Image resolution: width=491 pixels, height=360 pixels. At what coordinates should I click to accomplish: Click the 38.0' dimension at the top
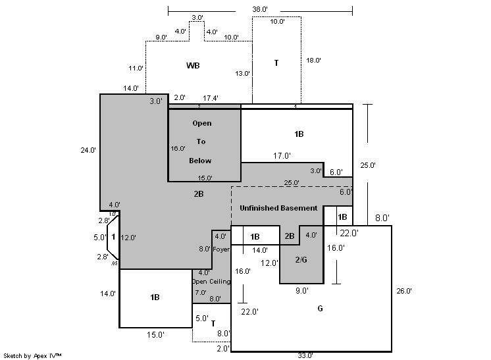(x=260, y=10)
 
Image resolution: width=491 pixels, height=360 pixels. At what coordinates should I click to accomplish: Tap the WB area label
(x=193, y=65)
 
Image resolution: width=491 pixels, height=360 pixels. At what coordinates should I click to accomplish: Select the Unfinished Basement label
(x=278, y=208)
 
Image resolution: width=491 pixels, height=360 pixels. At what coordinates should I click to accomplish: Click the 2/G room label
(x=301, y=259)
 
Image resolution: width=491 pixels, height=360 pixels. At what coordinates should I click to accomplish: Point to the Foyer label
(x=221, y=249)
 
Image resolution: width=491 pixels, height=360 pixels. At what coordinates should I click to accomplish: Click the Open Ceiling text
(x=211, y=282)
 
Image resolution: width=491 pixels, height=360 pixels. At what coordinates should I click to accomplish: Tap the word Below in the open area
(x=200, y=161)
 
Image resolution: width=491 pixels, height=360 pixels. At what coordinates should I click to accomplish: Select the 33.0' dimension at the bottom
(x=305, y=355)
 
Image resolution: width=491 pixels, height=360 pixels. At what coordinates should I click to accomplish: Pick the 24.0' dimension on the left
(x=89, y=150)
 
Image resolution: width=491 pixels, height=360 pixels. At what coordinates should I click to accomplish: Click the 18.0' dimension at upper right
(x=313, y=60)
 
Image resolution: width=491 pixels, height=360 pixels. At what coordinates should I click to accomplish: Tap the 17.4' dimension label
(x=211, y=97)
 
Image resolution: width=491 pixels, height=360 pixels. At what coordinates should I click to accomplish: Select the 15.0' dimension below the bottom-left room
(x=155, y=334)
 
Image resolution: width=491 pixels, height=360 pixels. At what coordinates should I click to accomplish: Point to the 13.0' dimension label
(x=243, y=74)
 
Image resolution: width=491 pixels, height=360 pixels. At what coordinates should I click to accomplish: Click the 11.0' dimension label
(x=136, y=68)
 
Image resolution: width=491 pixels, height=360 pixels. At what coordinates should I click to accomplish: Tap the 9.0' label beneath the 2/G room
(x=301, y=290)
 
